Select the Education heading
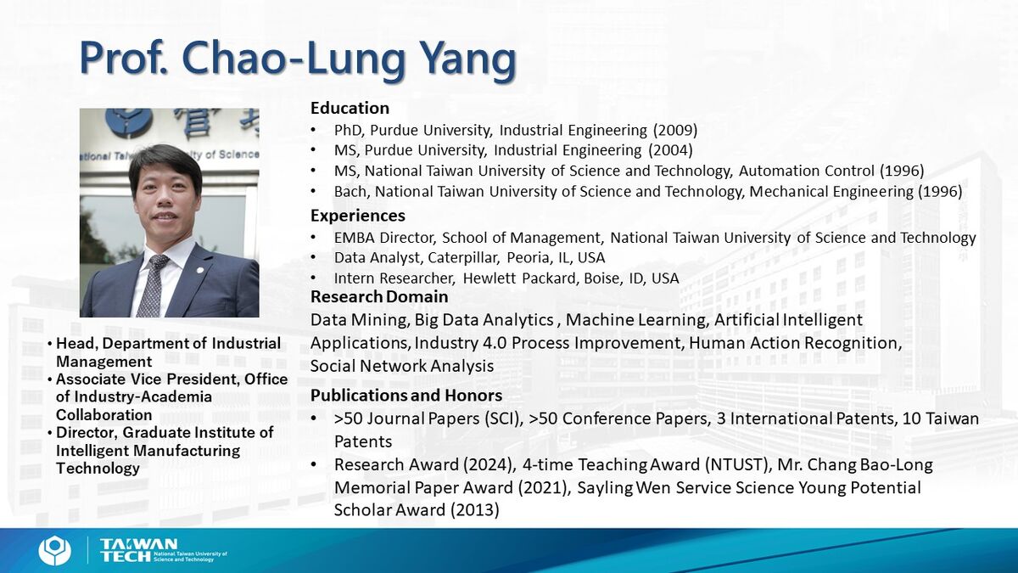pyautogui.click(x=350, y=109)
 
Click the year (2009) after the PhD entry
pyautogui.click(x=675, y=131)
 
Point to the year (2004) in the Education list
pyautogui.click(x=670, y=150)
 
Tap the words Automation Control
pyautogui.click(x=807, y=171)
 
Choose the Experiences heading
pyautogui.click(x=358, y=216)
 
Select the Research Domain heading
pyautogui.click(x=379, y=296)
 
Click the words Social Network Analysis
pyautogui.click(x=402, y=366)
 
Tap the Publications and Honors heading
pyautogui.click(x=406, y=396)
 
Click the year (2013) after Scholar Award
pyautogui.click(x=475, y=510)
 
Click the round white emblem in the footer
pyautogui.click(x=54, y=550)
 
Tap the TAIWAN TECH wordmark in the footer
pyautogui.click(x=138, y=550)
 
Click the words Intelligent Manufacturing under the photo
pyautogui.click(x=148, y=451)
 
